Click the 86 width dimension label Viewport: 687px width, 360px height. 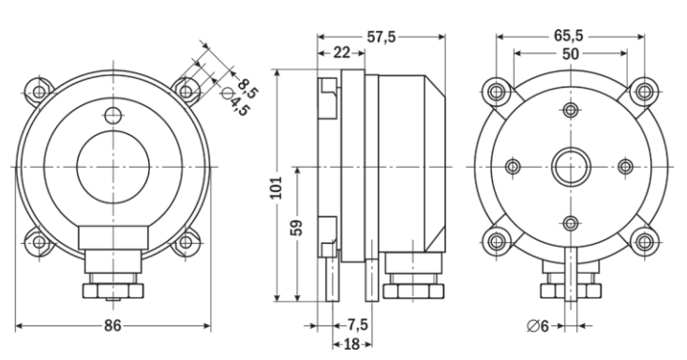tap(112, 326)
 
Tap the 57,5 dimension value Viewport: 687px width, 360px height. tap(381, 37)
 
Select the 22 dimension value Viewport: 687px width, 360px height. tap(342, 53)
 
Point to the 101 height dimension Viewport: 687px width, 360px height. tap(276, 187)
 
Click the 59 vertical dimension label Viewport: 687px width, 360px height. tap(296, 228)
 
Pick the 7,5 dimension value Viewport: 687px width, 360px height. tap(358, 325)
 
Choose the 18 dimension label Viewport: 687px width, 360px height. tap(351, 344)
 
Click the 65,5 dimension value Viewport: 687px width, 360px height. tap(569, 36)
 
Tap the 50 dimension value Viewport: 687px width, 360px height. tap(570, 54)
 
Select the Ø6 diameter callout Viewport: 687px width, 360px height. tap(538, 326)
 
